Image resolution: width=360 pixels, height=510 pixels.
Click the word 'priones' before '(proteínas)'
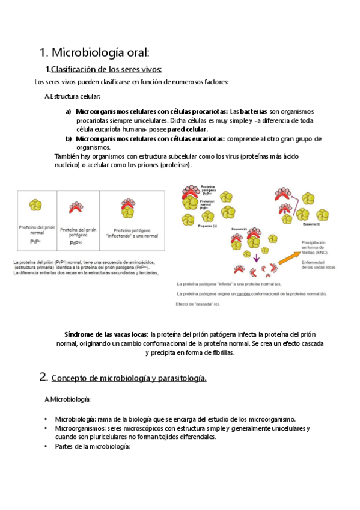coord(143,165)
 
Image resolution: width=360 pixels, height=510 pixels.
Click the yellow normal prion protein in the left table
coord(36,206)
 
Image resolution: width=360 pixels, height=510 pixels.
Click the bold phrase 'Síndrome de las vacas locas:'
coord(106,334)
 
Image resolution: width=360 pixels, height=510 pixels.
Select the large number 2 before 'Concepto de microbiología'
coord(43,377)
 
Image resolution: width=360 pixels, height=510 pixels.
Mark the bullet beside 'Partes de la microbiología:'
coord(46,447)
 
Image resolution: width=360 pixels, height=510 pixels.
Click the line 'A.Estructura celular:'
coord(73,97)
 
